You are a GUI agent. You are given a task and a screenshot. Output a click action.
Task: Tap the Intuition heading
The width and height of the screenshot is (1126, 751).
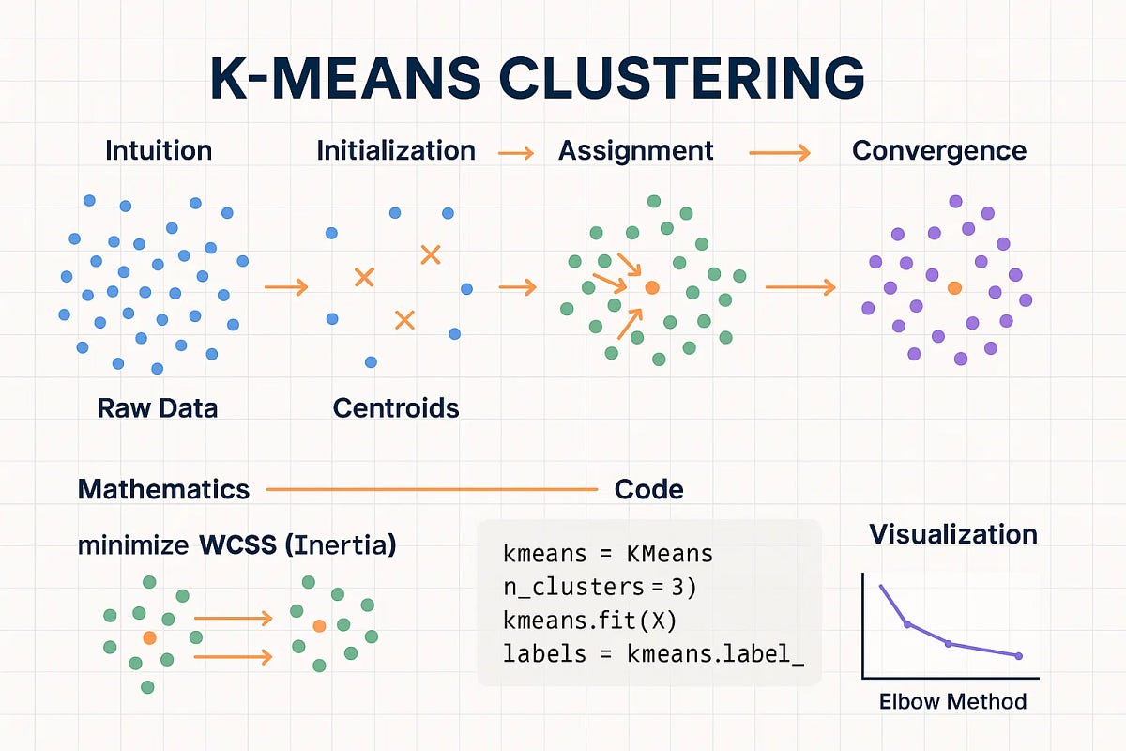(159, 151)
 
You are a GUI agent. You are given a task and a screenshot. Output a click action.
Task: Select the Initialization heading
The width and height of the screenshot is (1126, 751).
(396, 151)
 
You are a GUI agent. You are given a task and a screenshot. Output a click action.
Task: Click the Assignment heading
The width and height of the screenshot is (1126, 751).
(635, 151)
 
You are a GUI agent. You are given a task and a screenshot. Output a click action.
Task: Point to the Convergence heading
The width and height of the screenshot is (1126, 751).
(938, 151)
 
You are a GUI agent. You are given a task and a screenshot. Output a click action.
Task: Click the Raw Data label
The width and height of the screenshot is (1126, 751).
(158, 408)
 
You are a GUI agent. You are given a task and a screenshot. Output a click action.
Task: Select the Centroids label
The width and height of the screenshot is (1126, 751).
(396, 408)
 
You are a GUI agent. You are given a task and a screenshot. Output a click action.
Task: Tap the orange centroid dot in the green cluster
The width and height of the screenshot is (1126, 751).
(652, 287)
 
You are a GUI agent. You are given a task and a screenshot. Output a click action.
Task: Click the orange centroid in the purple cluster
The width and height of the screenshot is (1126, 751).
(954, 288)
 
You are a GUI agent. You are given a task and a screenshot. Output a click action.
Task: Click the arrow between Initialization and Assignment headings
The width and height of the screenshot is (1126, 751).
(515, 153)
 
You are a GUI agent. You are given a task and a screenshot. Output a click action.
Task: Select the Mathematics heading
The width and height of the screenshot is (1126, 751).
(163, 489)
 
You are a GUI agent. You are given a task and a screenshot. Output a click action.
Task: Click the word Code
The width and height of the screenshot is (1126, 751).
(648, 489)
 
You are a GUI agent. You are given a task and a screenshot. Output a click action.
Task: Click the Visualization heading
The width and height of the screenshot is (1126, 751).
(953, 534)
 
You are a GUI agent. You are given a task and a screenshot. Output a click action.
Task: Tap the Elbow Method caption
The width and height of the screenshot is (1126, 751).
(952, 701)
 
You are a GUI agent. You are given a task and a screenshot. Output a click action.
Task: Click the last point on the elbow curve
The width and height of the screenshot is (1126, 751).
(1019, 655)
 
